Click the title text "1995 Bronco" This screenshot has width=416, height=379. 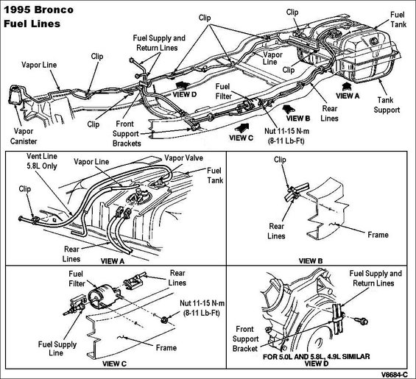[x=38, y=10]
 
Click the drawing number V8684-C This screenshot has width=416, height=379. [x=394, y=375]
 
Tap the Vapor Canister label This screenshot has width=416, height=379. [x=24, y=136]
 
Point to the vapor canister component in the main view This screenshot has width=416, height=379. [x=15, y=95]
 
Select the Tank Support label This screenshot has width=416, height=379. [x=387, y=105]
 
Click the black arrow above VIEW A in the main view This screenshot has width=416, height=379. [x=346, y=87]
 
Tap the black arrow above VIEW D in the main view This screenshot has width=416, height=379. [x=183, y=85]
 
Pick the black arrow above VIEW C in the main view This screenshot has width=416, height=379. [x=242, y=128]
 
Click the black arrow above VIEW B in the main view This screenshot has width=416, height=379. [x=289, y=108]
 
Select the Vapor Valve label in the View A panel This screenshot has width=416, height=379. [x=183, y=157]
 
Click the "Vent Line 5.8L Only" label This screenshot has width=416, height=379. [x=42, y=161]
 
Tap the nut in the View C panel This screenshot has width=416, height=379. [x=164, y=319]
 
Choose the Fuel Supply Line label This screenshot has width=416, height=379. [x=57, y=348]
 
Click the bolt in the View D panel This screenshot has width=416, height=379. [x=362, y=321]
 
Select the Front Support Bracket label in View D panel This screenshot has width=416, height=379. [x=245, y=339]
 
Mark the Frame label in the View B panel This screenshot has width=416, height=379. [x=378, y=235]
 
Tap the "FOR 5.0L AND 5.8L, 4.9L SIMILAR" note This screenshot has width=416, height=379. [x=317, y=356]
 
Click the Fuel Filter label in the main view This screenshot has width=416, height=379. [x=223, y=91]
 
